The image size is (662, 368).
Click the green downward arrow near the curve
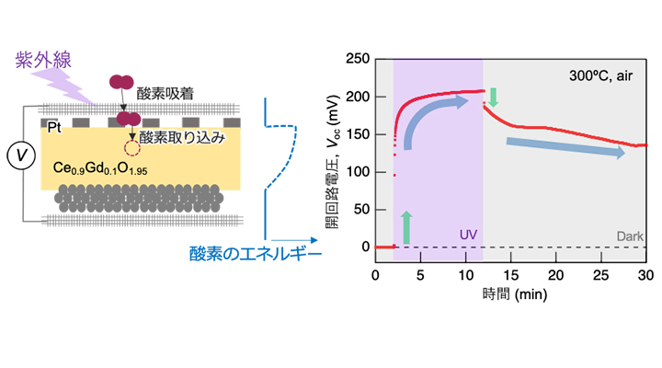point(493,96)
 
